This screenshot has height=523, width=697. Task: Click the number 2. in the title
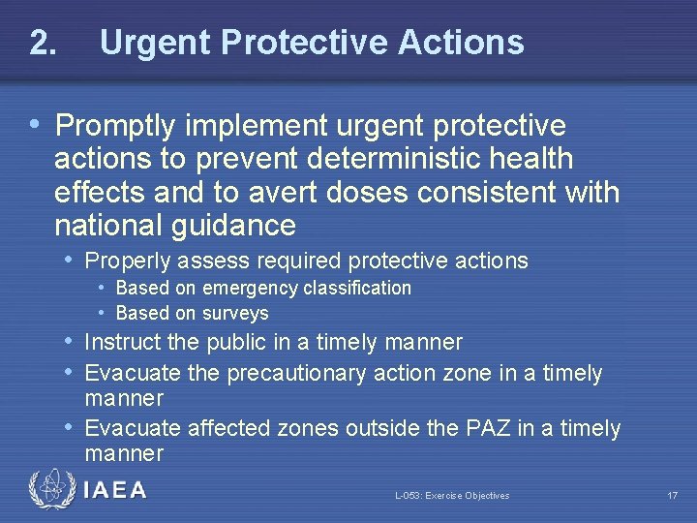pos(43,43)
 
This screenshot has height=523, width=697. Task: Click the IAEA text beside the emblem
pos(115,490)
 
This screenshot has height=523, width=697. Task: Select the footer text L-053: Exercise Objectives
pos(451,496)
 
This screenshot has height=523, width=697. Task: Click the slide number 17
pos(672,496)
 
